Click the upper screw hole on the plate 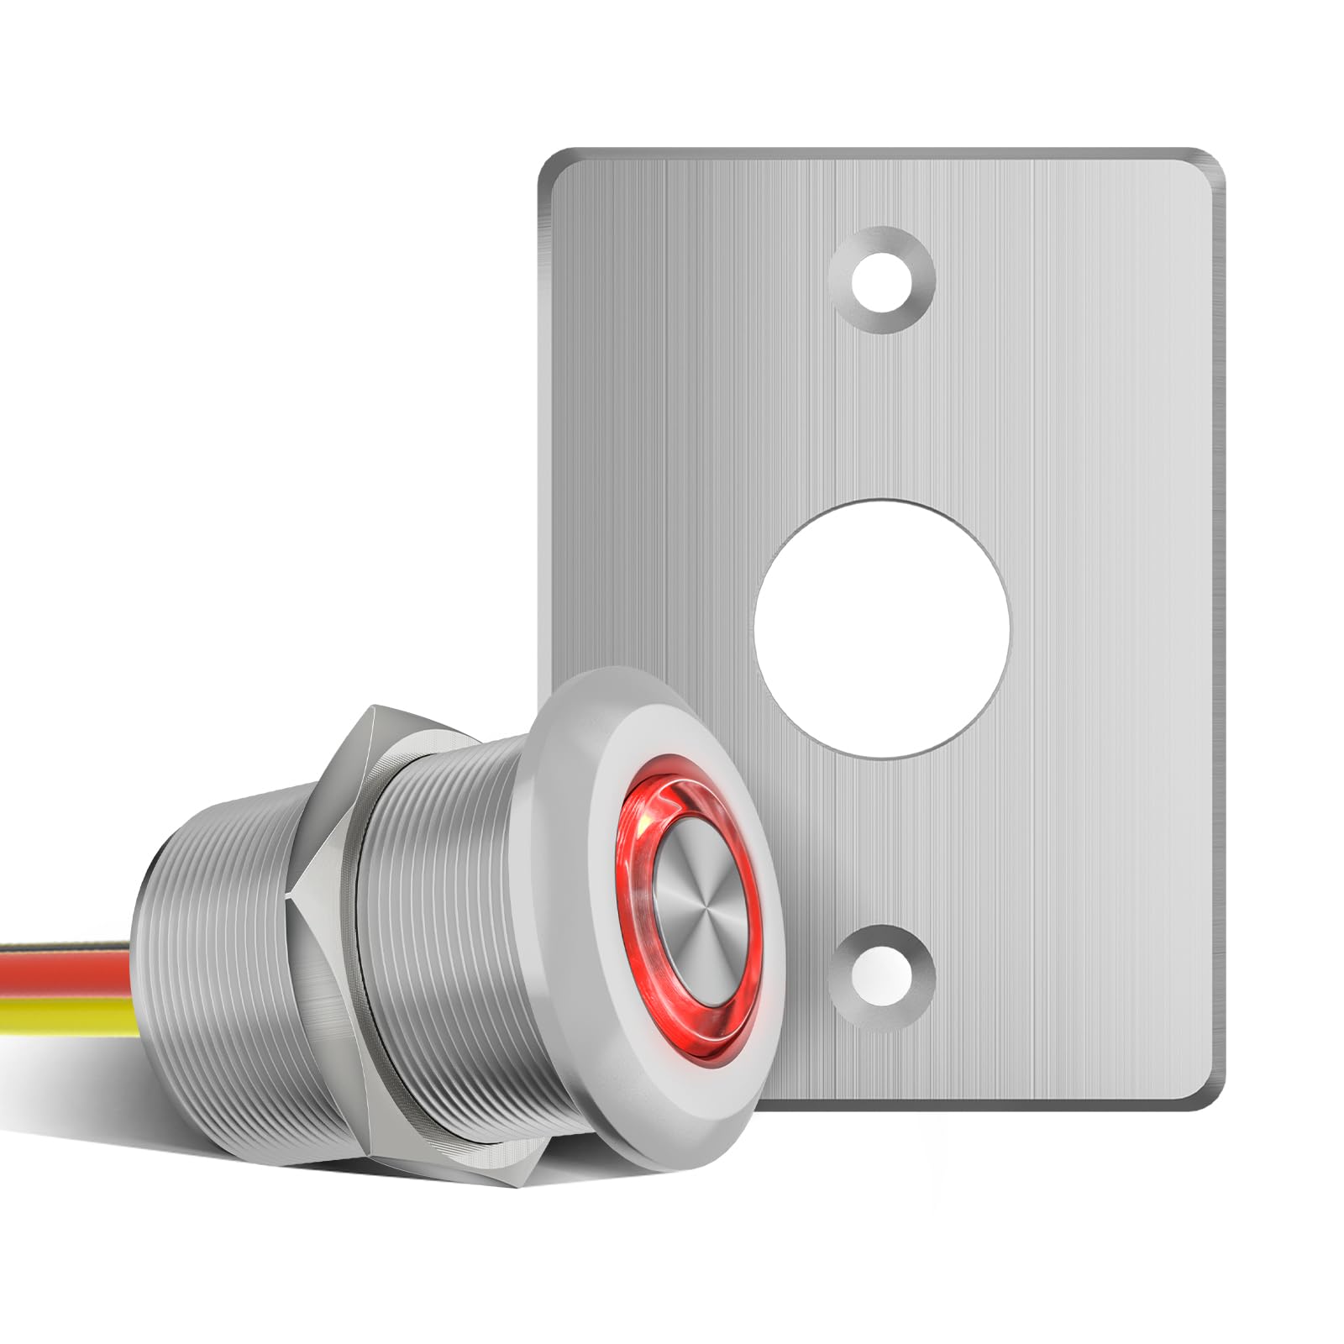pos(881,280)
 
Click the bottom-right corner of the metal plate pos(1210,1097)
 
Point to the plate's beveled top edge pos(881,156)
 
